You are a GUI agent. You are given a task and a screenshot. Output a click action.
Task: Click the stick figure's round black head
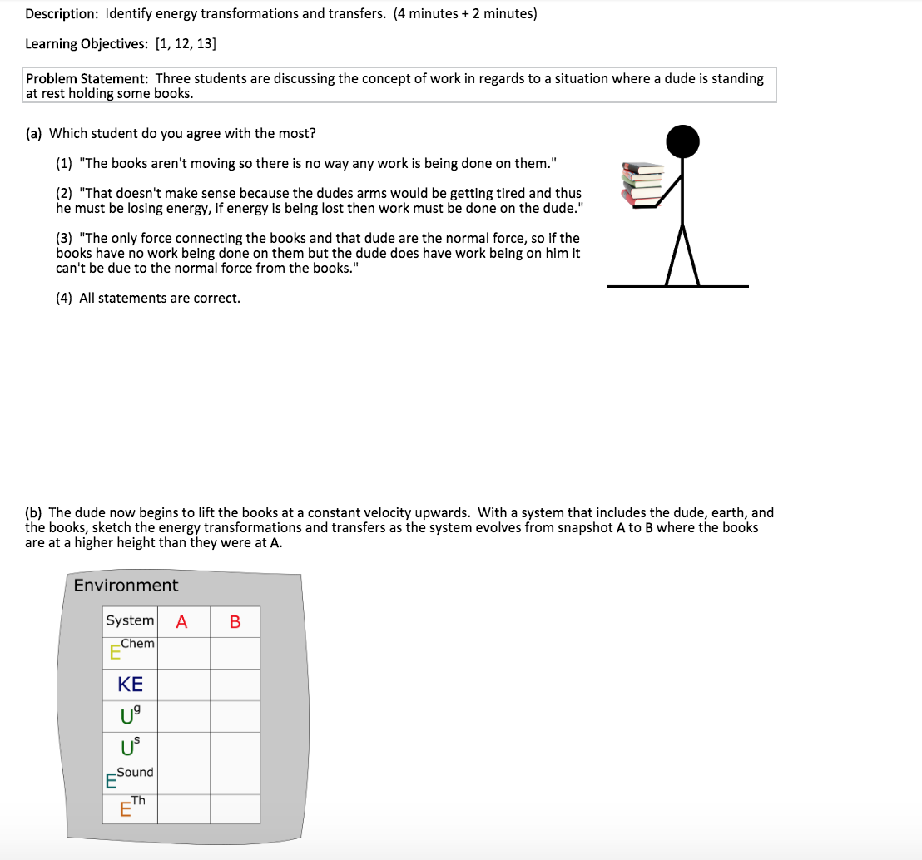click(682, 142)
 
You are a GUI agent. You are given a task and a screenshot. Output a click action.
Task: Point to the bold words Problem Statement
click(87, 79)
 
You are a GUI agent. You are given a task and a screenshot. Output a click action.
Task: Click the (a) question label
click(36, 133)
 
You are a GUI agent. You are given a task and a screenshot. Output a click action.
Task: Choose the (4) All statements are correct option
click(148, 298)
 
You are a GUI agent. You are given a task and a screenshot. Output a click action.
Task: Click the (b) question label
click(36, 512)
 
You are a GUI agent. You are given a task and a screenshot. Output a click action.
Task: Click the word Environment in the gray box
click(126, 586)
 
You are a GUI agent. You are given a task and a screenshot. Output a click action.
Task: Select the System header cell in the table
click(130, 621)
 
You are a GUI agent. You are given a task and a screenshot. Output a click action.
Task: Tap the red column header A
click(182, 622)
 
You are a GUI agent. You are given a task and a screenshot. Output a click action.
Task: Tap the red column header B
click(235, 622)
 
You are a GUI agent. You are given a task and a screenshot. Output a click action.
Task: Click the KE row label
click(131, 685)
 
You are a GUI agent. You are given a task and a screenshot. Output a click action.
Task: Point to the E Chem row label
click(131, 650)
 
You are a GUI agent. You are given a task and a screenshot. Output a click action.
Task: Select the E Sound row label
click(130, 778)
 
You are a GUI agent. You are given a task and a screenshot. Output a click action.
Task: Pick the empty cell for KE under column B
click(235, 685)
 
